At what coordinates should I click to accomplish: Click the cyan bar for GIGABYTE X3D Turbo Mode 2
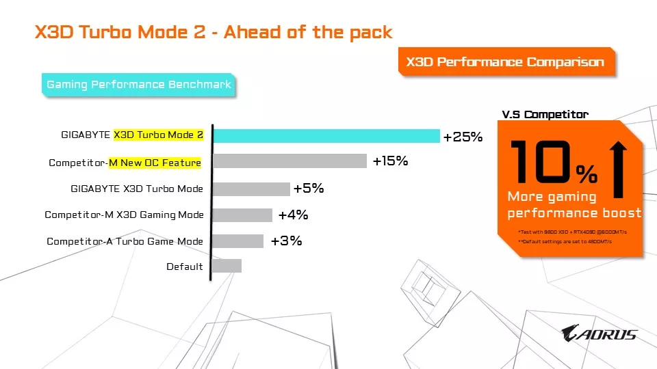click(326, 136)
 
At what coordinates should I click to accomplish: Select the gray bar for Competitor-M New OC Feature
click(289, 161)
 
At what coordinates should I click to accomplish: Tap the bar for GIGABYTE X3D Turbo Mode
click(251, 189)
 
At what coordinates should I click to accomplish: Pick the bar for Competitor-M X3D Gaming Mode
click(242, 215)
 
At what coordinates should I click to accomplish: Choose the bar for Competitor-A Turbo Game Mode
click(237, 241)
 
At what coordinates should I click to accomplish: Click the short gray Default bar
click(227, 266)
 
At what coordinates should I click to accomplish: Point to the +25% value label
click(463, 137)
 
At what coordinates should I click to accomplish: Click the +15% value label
click(390, 161)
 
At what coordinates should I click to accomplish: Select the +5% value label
click(308, 189)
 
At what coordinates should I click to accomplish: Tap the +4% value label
click(293, 215)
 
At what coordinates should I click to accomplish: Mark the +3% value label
click(286, 241)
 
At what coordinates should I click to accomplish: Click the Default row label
click(185, 266)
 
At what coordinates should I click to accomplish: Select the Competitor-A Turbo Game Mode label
click(125, 241)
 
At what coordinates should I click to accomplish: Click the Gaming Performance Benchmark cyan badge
click(139, 85)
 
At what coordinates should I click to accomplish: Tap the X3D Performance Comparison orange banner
click(505, 62)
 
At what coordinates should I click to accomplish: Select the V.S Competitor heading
click(545, 115)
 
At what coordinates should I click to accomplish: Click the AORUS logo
click(599, 333)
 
